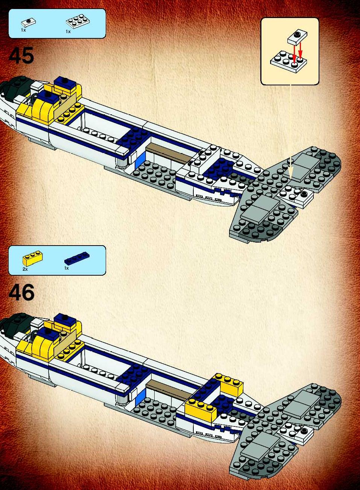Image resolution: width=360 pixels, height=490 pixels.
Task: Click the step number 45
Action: pos(21,56)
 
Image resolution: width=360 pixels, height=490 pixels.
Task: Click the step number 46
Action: pos(22,293)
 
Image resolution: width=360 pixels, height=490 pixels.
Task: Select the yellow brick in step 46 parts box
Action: pos(32,258)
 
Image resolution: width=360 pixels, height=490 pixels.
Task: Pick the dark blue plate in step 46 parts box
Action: pos(77,258)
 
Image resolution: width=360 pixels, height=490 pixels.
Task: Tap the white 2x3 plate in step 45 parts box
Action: pos(78,22)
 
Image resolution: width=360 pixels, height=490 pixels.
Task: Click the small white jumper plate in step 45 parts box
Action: pos(29,23)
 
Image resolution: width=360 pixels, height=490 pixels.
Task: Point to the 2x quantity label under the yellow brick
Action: pos(25,269)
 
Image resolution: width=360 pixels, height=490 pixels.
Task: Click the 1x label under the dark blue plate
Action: pos(67,268)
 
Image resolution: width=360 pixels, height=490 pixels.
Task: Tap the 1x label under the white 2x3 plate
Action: pos(68,32)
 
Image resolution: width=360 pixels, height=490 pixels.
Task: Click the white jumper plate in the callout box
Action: pos(297,38)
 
